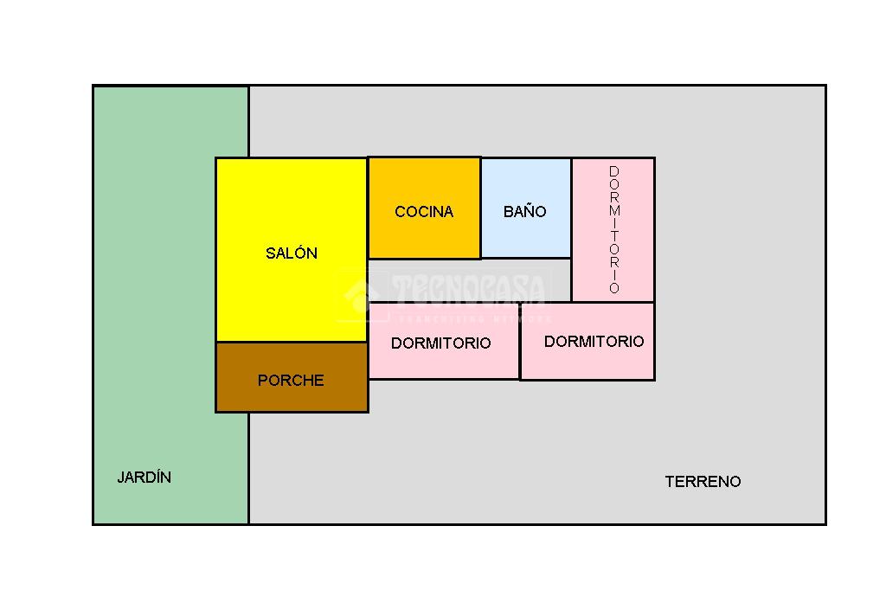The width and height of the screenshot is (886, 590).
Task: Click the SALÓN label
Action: pyautogui.click(x=292, y=253)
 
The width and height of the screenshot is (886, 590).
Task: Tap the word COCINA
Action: pyautogui.click(x=424, y=212)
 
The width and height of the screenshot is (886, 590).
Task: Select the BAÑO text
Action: pyautogui.click(x=525, y=212)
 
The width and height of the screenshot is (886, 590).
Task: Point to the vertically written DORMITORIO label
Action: pyautogui.click(x=614, y=230)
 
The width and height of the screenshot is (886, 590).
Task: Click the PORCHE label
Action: pyautogui.click(x=291, y=381)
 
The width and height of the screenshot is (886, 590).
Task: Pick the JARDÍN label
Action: pyautogui.click(x=144, y=478)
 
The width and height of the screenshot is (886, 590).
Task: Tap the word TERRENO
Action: pyautogui.click(x=703, y=482)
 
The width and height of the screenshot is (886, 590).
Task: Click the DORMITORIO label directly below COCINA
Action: pyautogui.click(x=440, y=343)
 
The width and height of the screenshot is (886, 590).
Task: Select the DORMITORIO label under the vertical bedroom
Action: pyautogui.click(x=594, y=342)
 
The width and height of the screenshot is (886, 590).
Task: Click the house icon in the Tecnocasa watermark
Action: pyautogui.click(x=356, y=295)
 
